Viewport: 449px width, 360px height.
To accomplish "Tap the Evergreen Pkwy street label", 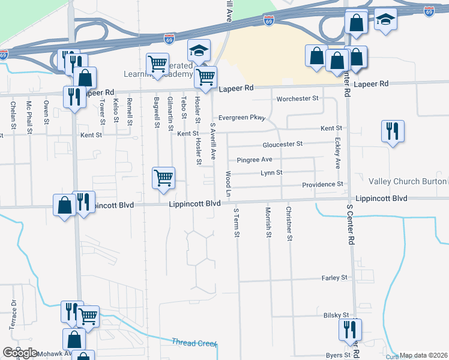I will (242, 118).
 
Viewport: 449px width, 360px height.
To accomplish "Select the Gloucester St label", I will (283, 145).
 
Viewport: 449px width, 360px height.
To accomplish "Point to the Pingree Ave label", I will (255, 160).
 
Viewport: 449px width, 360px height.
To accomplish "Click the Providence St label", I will (322, 185).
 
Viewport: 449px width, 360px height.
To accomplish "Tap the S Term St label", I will (237, 223).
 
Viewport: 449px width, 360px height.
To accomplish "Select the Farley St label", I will (335, 278).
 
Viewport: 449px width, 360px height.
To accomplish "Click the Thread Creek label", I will (193, 343).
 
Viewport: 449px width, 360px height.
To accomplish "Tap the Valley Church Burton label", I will (408, 181).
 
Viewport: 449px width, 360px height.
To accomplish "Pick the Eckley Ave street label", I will (337, 154).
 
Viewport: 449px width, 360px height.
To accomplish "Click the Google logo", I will (20, 352).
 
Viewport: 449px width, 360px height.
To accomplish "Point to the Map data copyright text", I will (423, 355).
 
